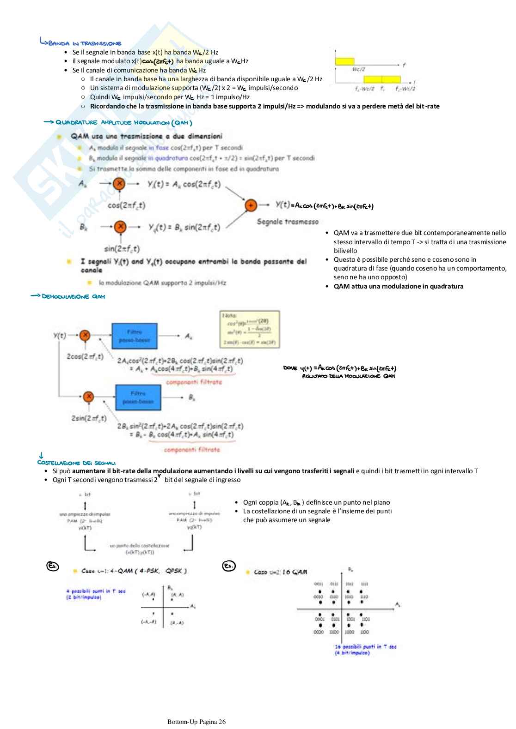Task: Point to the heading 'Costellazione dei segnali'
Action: coord(76,463)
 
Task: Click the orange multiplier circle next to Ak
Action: coord(119,184)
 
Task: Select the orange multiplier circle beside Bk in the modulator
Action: coord(120,227)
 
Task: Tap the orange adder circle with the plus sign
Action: coord(251,205)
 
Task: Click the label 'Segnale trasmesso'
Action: coord(288,222)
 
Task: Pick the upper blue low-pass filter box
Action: coord(135,336)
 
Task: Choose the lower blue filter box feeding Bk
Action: coord(138,397)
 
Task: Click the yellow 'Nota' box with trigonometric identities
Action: coord(250,329)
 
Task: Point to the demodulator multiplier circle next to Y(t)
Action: coord(85,336)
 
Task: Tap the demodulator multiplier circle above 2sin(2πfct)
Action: coord(88,397)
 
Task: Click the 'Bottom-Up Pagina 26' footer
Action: coord(197,722)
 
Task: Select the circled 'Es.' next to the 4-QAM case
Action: coord(53,566)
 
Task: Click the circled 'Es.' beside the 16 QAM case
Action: coord(229,566)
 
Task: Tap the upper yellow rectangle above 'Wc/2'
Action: coord(344,61)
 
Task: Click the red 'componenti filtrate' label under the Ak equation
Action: coord(194,382)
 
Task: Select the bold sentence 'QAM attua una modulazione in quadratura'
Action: coord(398,286)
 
